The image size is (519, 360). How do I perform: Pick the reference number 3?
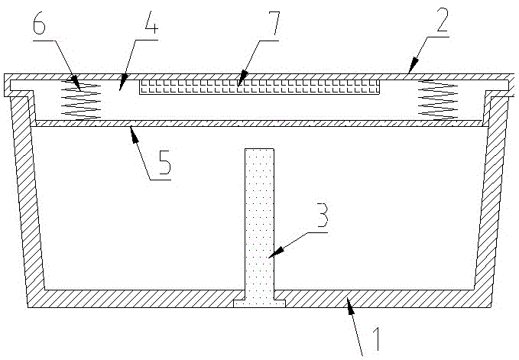click(x=323, y=216)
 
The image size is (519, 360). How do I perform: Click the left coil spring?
click(x=81, y=99)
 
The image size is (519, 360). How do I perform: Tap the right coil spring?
click(x=436, y=99)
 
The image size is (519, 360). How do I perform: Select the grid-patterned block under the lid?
click(x=260, y=87)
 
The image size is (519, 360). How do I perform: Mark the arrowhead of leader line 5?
click(x=132, y=128)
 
